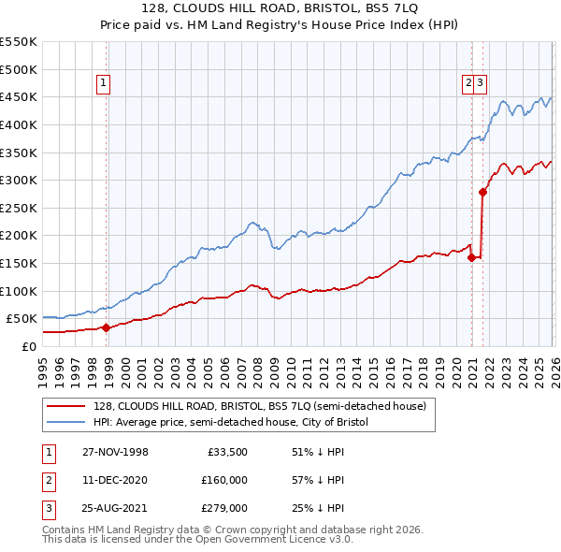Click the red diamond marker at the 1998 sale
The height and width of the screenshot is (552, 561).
coord(107,327)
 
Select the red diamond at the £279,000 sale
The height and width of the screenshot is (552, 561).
coord(482,192)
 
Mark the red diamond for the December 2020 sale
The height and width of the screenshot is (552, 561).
coord(471,257)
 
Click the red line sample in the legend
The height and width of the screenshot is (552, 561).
coord(65,406)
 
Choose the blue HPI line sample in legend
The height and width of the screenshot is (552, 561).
coord(65,422)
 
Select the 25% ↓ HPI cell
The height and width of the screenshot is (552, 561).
coord(318,508)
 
